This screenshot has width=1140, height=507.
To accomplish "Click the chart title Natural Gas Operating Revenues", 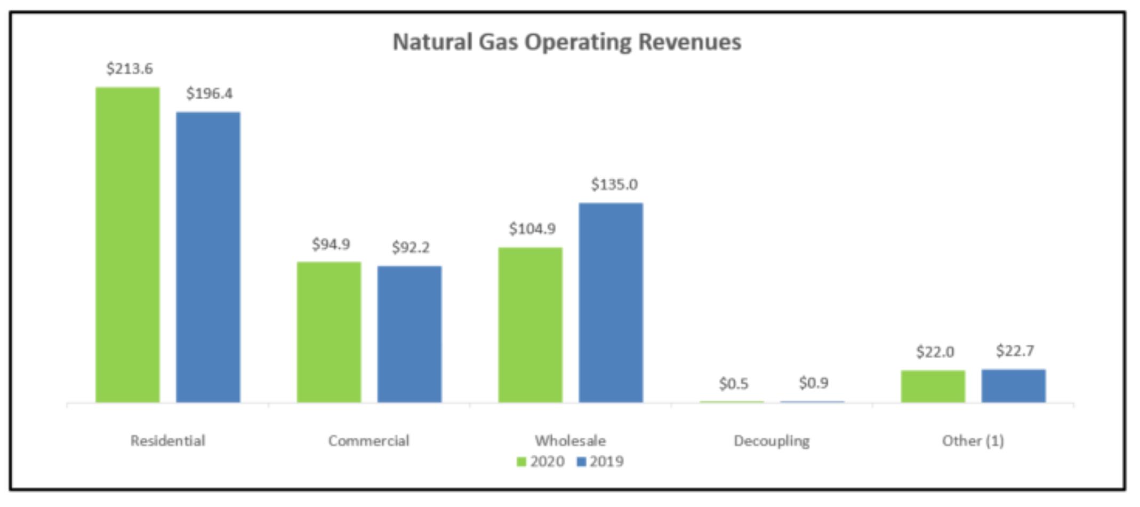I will (567, 42).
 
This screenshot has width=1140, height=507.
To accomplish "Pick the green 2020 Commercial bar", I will (329, 332).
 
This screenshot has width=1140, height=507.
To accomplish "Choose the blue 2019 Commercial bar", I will (410, 334).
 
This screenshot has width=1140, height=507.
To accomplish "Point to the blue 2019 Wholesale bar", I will (611, 302).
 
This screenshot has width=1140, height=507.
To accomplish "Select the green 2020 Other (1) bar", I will (933, 386).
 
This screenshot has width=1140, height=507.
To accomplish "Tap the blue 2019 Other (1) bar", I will (1014, 385).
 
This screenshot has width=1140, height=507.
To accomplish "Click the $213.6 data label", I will (130, 69).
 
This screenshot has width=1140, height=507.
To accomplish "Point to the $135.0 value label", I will (614, 185).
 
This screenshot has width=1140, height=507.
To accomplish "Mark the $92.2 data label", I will (411, 247).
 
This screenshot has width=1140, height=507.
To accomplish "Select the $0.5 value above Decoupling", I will (734, 384).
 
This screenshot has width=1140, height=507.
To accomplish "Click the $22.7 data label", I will (1015, 351).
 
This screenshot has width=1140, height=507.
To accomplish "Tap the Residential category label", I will (168, 441).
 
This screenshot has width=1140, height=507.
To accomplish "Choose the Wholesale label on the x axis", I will (571, 441).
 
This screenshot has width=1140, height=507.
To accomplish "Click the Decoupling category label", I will (772, 441).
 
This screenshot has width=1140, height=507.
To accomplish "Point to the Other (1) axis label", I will (973, 441).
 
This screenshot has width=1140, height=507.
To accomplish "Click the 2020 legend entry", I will (541, 462).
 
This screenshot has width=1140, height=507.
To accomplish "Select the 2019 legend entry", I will (600, 462).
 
